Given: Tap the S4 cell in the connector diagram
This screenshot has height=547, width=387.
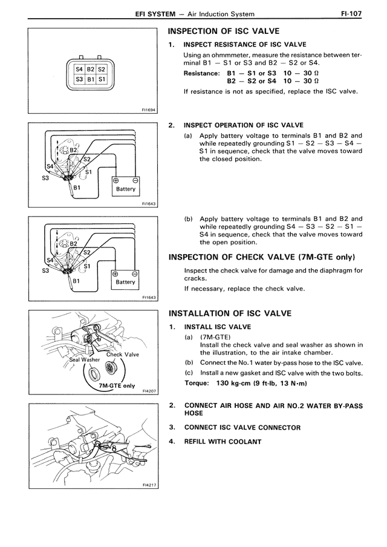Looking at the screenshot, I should (79, 68).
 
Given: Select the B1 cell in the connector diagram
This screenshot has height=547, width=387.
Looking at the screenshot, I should (90, 79).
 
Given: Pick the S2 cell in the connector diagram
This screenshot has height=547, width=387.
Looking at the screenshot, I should (102, 68).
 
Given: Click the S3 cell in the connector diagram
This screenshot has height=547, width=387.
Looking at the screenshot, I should (79, 79).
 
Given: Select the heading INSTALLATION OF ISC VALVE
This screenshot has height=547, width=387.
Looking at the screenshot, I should (230, 313).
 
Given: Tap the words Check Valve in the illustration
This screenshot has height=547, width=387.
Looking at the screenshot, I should (123, 355).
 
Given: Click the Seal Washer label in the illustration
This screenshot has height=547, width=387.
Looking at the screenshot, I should (85, 359).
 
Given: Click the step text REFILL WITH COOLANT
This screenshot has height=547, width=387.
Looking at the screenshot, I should (223, 441).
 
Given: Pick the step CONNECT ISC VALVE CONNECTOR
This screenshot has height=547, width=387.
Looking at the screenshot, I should (242, 428).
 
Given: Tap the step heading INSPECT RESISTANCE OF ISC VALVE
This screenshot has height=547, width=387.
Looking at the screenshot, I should (245, 44).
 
